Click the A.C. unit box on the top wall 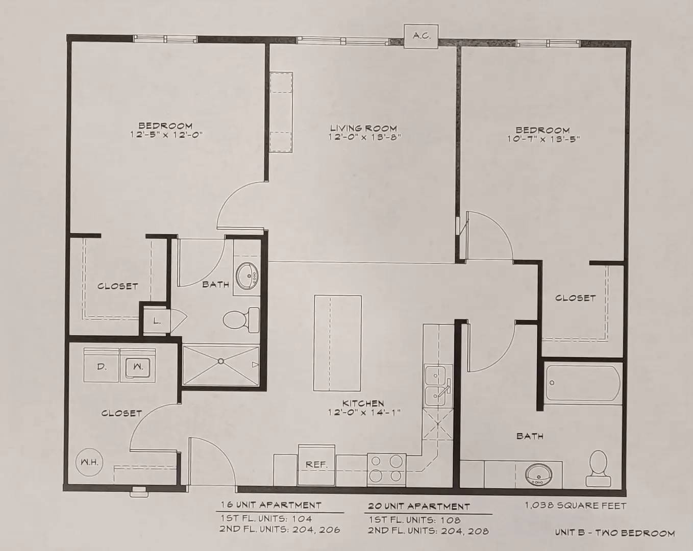[x=421, y=36]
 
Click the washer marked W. [x=138, y=365]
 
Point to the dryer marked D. [x=102, y=365]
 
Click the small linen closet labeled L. [x=157, y=321]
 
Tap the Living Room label [x=364, y=128]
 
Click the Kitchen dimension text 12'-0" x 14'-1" [x=364, y=412]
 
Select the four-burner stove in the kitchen [x=386, y=470]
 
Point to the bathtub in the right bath [x=583, y=382]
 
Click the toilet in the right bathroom [x=598, y=468]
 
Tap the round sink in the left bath [x=247, y=276]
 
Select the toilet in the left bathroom [x=241, y=320]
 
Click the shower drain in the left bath [x=220, y=361]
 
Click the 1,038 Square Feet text [x=576, y=506]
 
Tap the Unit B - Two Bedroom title [x=615, y=533]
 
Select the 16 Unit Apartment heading [x=271, y=505]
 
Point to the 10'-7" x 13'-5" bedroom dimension [x=543, y=139]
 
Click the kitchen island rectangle [x=338, y=343]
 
